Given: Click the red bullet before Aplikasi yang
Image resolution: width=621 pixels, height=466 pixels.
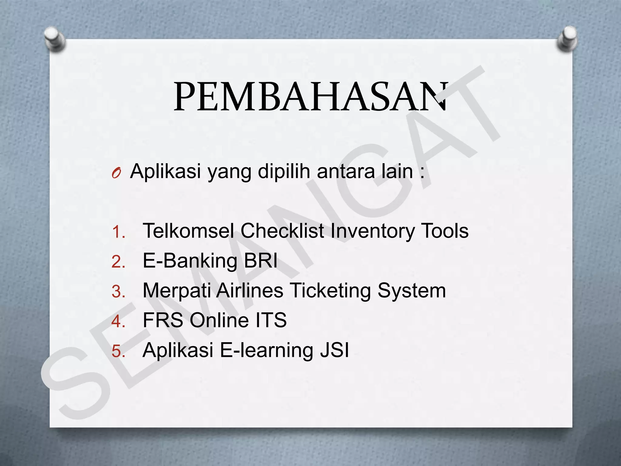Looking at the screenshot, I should pos(116,173).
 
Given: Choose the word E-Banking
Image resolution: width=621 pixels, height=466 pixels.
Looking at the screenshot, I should pos(190,261).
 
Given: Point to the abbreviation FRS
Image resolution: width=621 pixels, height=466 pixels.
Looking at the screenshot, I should pos(163,320).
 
